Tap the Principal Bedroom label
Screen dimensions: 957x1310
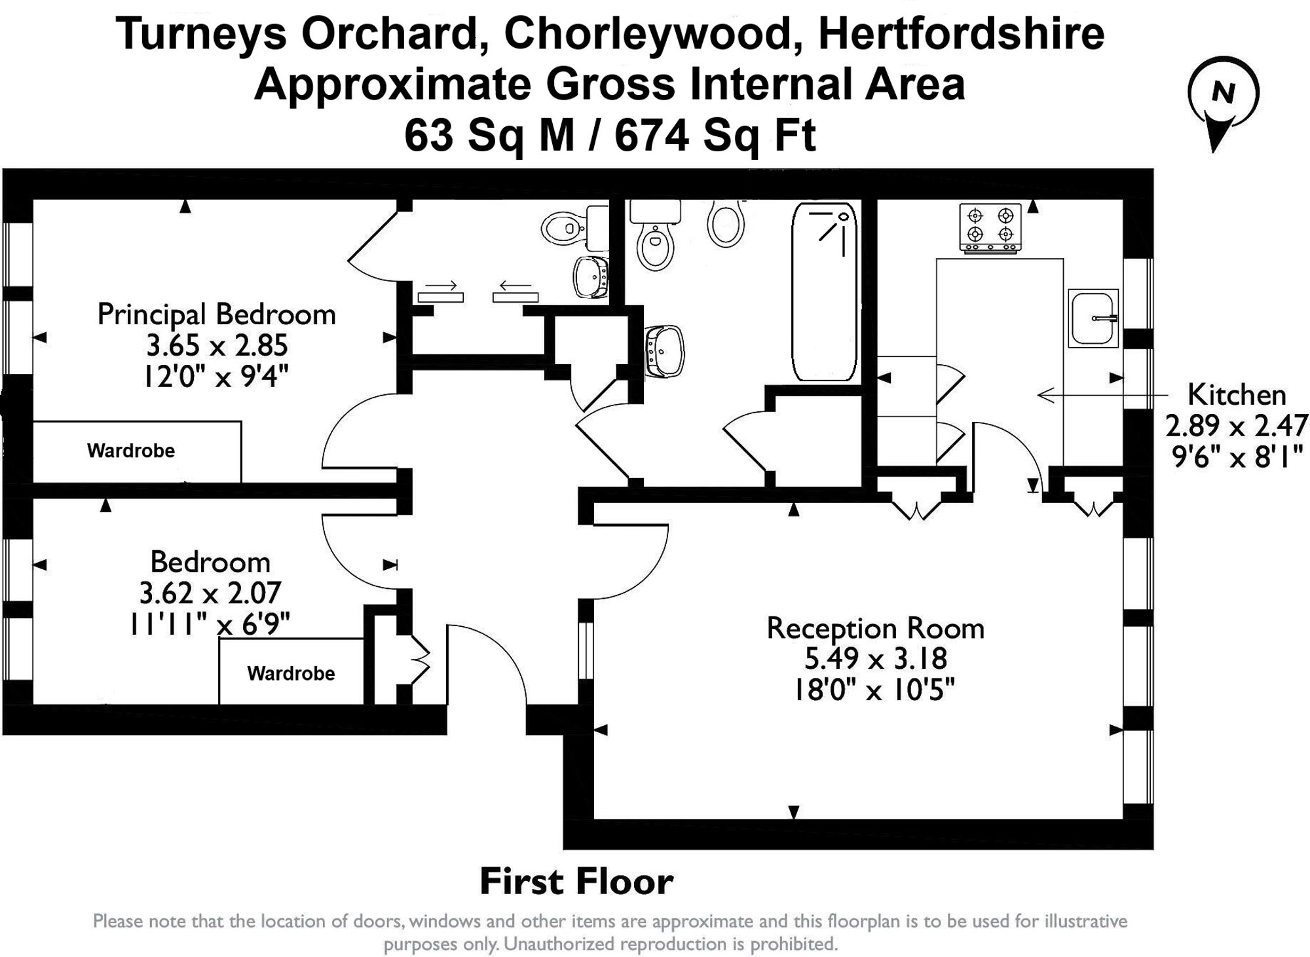point(216,314)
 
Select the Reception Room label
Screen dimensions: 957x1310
point(875,628)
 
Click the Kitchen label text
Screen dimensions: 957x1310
point(1237,395)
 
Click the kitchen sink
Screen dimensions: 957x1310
point(1093,318)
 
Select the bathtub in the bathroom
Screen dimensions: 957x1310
point(825,291)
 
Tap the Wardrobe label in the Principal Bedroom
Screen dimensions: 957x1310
point(131,451)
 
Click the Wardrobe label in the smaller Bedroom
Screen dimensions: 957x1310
point(291,673)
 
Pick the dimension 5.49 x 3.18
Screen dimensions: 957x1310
point(875,659)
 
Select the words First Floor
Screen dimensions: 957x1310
point(576,881)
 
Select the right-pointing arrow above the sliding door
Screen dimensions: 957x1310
point(441,286)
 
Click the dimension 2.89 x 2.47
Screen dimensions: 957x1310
point(1235,426)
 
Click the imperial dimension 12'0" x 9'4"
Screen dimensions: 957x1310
point(216,376)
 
